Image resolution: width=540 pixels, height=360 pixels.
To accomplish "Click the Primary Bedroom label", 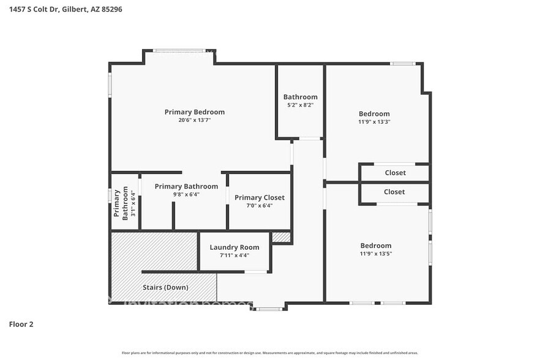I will tap(194, 112).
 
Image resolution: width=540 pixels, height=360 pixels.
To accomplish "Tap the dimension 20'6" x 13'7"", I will tap(194, 121).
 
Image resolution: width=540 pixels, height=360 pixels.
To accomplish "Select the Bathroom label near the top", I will tap(300, 97).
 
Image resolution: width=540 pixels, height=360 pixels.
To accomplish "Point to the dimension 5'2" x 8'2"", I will tap(300, 105).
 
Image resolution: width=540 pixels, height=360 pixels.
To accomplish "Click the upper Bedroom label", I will tap(374, 113).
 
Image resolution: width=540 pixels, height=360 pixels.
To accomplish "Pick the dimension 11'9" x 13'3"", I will tap(374, 122).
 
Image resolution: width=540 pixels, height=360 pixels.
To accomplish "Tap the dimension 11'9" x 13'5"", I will tap(375, 254).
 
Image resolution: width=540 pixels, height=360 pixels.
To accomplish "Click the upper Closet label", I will tap(395, 173).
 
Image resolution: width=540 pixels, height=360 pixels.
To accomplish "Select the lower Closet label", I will tap(394, 192).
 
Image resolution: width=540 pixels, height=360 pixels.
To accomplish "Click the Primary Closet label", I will tap(260, 198).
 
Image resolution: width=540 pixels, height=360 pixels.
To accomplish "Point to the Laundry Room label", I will tap(234, 247).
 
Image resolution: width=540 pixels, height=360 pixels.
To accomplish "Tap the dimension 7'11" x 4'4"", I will tap(234, 255).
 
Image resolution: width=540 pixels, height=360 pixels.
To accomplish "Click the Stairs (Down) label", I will tap(165, 287).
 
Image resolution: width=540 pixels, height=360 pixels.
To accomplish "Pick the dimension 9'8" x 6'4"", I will tap(186, 195).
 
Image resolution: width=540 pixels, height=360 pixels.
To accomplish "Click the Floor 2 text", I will tap(21, 324).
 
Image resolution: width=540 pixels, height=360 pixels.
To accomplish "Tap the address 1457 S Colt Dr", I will tap(36, 10).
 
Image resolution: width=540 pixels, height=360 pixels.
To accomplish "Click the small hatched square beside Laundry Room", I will tap(280, 237).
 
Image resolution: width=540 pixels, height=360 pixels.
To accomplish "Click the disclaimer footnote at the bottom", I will tap(270, 353).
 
